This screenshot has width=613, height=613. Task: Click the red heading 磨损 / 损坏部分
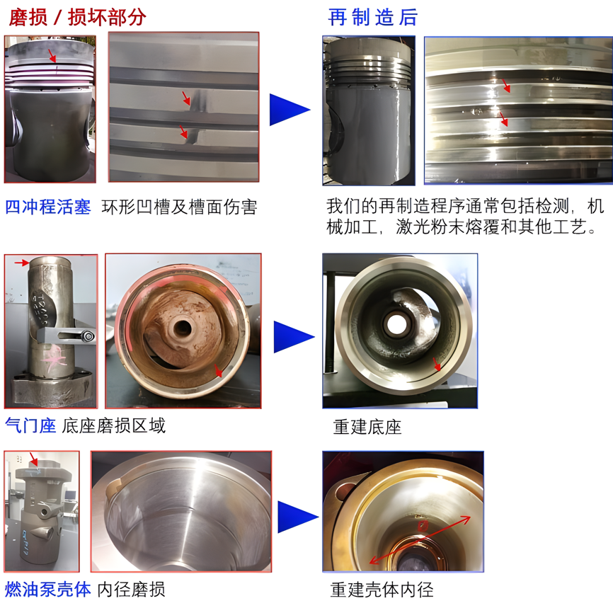[77, 17]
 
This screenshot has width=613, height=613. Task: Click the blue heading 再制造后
[373, 17]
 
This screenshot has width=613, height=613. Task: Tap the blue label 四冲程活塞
[47, 207]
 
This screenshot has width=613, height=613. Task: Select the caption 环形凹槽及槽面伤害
[180, 207]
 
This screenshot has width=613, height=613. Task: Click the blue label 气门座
[30, 425]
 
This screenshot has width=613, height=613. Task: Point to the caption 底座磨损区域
[114, 425]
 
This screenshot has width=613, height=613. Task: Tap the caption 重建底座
[367, 427]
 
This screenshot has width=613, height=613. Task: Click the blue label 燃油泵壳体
[47, 589]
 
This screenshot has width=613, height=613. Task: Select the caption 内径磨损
[131, 589]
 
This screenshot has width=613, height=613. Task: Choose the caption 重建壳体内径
[382, 590]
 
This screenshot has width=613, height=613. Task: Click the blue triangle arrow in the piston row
[290, 110]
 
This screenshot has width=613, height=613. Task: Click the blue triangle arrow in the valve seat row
[294, 337]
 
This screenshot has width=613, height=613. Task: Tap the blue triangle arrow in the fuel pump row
[298, 517]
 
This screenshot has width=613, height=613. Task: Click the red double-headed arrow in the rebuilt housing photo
[420, 540]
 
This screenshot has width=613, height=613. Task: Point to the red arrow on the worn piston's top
[52, 55]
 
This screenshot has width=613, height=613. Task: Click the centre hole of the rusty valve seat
[182, 328]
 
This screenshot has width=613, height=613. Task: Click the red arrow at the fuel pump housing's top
[34, 459]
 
